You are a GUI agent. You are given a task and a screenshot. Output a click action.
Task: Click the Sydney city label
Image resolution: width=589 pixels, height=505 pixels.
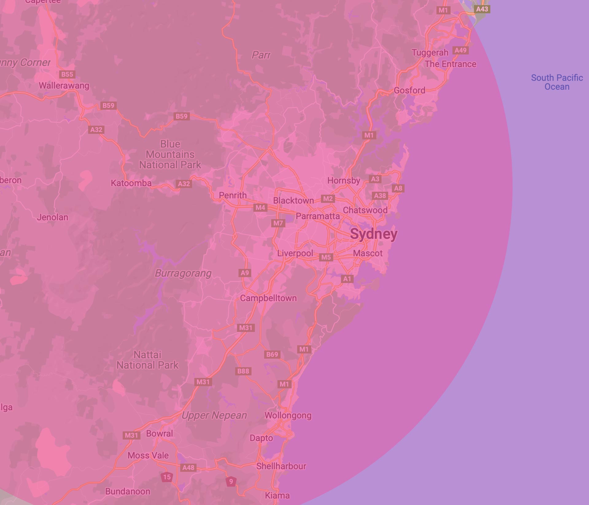pos(374,234)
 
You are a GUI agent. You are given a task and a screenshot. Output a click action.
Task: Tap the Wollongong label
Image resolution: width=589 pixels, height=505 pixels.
pos(288,415)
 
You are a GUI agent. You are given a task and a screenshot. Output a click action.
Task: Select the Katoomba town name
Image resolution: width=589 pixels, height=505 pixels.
pos(131,183)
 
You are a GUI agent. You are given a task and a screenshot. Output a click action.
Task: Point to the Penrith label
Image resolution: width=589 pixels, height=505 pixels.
pos(233,195)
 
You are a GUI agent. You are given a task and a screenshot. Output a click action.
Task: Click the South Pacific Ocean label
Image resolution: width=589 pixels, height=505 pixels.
pos(557,82)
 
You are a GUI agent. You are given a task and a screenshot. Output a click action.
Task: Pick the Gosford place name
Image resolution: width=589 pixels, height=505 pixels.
pos(409,90)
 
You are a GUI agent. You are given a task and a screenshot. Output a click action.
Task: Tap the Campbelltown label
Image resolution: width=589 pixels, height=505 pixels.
pos(268,298)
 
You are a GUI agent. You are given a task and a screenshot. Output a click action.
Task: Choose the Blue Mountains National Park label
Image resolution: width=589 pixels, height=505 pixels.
pos(170,155)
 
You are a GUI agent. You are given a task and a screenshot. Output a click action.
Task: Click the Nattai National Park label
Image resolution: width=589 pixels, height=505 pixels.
pos(147,360)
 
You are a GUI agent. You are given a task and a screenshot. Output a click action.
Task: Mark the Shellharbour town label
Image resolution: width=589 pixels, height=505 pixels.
pos(281,466)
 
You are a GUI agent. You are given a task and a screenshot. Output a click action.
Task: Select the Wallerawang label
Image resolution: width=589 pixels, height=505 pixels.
pos(64,86)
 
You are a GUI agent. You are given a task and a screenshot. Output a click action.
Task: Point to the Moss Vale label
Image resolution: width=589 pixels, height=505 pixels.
pos(148,455)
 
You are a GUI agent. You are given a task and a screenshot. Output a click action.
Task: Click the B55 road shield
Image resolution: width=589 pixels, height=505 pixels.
pos(67,74)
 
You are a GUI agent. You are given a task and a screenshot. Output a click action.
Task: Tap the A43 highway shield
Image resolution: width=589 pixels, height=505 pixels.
pos(482,9)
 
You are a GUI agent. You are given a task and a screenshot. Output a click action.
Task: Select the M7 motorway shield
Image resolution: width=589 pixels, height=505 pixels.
pos(278,223)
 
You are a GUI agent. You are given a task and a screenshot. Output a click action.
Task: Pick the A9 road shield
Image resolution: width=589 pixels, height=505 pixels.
pos(245,273)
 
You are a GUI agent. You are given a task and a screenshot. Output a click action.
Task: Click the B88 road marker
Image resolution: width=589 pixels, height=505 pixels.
pos(243,371)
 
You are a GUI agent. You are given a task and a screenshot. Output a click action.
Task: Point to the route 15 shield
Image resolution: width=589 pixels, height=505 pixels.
pos(167,477)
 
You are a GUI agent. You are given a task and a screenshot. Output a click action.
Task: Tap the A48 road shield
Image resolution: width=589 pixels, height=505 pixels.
pos(188,467)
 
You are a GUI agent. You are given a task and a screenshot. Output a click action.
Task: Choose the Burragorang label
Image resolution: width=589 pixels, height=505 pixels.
pos(183,273)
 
